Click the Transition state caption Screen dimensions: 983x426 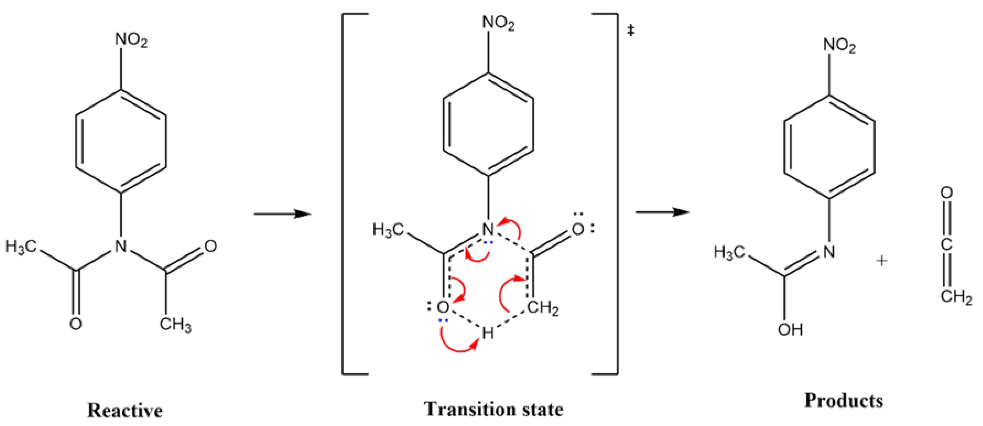click(493, 409)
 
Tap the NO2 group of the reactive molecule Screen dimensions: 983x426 click(131, 40)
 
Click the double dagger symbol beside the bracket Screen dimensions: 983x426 click(631, 31)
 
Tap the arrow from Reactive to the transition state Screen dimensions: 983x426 click(283, 214)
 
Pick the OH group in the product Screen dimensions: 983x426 click(790, 329)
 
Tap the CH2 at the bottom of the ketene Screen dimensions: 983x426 click(956, 296)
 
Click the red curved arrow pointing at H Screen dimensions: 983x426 click(458, 344)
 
